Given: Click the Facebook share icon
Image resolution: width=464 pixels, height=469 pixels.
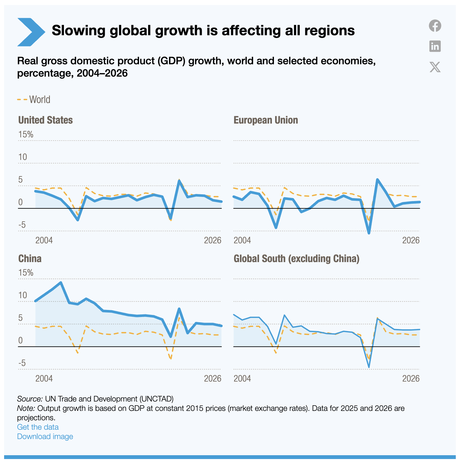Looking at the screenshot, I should click(x=435, y=26).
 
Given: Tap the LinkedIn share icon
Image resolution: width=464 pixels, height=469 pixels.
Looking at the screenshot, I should click(x=435, y=46).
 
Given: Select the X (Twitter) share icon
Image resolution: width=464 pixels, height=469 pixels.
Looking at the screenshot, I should click(x=435, y=67).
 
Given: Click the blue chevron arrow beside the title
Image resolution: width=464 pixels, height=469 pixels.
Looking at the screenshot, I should click(x=31, y=32).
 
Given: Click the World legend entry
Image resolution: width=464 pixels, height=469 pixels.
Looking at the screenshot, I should click(x=34, y=100).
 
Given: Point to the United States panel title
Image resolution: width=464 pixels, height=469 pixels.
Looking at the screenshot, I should click(x=45, y=120).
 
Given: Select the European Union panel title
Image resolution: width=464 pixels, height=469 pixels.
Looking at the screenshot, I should click(x=265, y=120).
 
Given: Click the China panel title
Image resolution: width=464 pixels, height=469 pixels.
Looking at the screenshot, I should click(x=30, y=259).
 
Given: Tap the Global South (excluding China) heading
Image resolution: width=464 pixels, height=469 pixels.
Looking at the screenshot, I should click(x=296, y=259).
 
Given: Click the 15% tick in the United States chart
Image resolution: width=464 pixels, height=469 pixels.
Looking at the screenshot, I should click(x=26, y=135).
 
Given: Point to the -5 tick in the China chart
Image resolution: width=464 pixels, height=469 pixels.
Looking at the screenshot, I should click(x=22, y=363).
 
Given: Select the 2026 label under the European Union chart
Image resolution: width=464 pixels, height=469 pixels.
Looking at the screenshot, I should click(x=411, y=240).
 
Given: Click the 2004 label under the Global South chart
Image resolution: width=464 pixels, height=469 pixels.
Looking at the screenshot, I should click(x=242, y=379).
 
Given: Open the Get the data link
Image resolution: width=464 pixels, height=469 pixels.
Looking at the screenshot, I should click(x=38, y=427).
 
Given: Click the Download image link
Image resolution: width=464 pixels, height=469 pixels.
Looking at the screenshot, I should click(x=45, y=436).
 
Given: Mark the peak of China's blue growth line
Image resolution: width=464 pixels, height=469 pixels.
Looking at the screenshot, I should click(x=61, y=283).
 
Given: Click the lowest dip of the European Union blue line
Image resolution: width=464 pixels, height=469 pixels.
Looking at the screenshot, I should click(x=369, y=233).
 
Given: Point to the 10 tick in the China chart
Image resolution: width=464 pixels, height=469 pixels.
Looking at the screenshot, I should click(x=23, y=295).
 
